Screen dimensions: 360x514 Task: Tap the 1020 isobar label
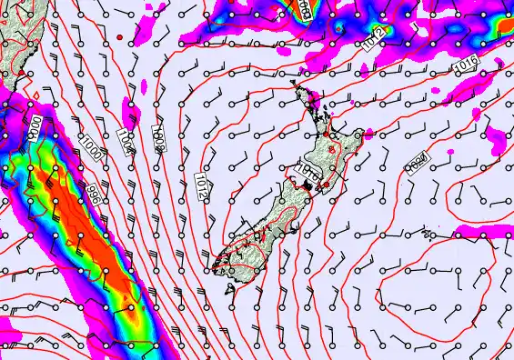point(418,161)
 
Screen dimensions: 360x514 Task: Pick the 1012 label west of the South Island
point(201,185)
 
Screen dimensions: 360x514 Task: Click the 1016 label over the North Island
point(308,169)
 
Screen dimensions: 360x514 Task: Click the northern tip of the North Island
point(294,84)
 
